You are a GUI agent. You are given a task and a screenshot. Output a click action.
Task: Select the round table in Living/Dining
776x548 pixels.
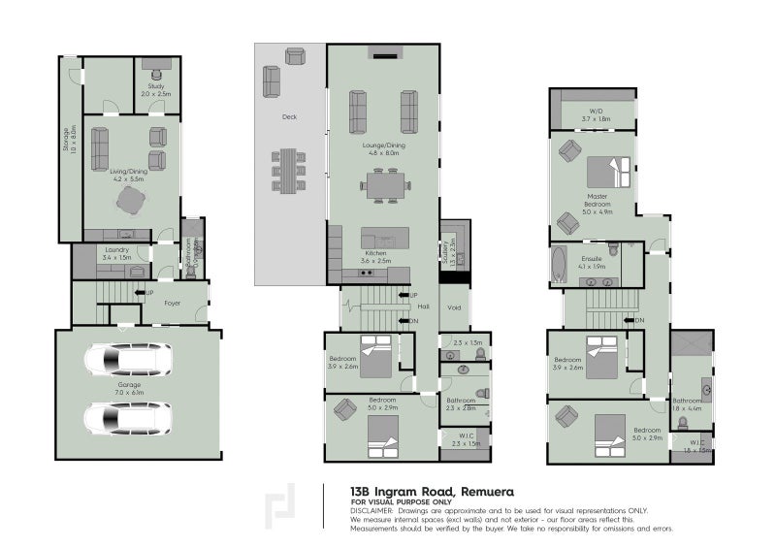point(130,199)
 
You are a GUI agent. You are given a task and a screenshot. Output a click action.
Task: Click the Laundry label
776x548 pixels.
point(116,254)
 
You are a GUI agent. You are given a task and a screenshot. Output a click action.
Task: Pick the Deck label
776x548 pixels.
point(288,116)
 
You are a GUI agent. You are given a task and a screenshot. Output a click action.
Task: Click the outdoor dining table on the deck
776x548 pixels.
point(288,171)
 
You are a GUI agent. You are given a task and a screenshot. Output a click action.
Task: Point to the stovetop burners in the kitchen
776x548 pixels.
point(367,274)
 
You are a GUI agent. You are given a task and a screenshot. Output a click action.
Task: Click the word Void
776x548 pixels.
point(454,308)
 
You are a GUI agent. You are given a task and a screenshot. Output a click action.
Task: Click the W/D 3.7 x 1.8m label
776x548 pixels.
point(592,113)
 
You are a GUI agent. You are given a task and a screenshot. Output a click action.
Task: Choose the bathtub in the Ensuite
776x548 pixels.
point(559,264)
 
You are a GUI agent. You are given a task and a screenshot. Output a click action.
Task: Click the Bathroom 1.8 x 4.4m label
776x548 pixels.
point(687,404)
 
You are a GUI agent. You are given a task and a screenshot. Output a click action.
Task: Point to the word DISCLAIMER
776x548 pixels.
point(374,510)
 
